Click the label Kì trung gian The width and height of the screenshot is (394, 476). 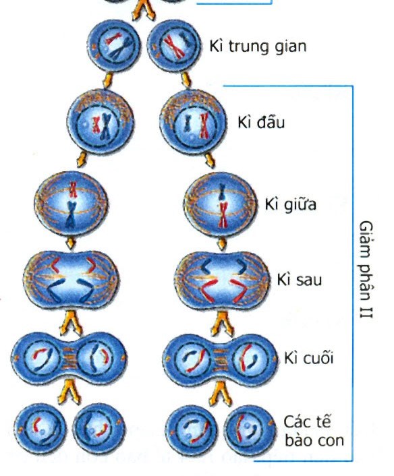(258, 47)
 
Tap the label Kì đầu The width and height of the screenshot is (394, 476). (261, 122)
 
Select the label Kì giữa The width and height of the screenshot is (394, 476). (290, 204)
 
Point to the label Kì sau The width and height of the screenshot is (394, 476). (300, 279)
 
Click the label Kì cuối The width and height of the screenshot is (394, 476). (308, 357)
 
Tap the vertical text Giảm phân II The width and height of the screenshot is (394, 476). (366, 269)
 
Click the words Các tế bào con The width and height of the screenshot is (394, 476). (314, 431)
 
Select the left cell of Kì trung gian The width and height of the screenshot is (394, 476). (114, 46)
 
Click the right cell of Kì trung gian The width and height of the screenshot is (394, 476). (174, 46)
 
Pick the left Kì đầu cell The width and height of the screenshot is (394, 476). (101, 122)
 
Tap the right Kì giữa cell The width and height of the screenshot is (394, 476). (221, 204)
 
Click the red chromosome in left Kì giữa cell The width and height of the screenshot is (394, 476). (73, 189)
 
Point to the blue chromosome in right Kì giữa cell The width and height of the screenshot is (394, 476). (222, 192)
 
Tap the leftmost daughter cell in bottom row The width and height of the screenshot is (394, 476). (40, 429)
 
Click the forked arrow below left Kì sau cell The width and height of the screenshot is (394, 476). (71, 322)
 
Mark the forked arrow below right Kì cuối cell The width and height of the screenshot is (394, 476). (221, 394)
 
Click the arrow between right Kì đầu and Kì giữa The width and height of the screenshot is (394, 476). (210, 160)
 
